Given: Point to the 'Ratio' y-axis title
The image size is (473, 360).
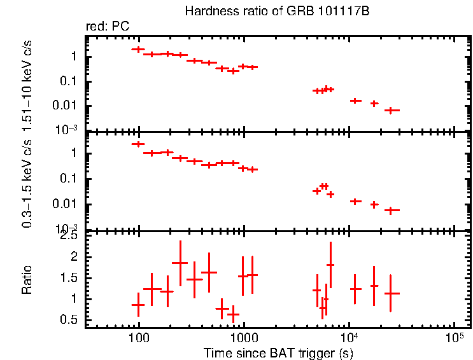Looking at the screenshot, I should (27, 280).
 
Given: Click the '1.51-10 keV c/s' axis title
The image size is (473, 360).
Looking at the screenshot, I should (27, 82).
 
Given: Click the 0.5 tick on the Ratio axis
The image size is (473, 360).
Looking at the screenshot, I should (69, 320).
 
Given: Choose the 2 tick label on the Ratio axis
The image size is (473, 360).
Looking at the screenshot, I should (74, 257).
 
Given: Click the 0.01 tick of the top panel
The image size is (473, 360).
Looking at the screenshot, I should (66, 106).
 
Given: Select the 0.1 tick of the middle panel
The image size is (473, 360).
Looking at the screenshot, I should (69, 179).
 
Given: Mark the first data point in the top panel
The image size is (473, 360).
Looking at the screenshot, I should (138, 49).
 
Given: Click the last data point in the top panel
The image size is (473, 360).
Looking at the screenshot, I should (392, 110).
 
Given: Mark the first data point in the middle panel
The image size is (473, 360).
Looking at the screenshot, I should (138, 144).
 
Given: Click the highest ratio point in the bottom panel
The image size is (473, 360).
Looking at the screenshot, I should (180, 263).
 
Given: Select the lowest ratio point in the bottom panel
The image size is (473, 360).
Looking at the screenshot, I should (233, 314).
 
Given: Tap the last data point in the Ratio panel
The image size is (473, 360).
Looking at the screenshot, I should (392, 293).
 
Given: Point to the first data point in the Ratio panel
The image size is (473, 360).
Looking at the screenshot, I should (138, 305).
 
